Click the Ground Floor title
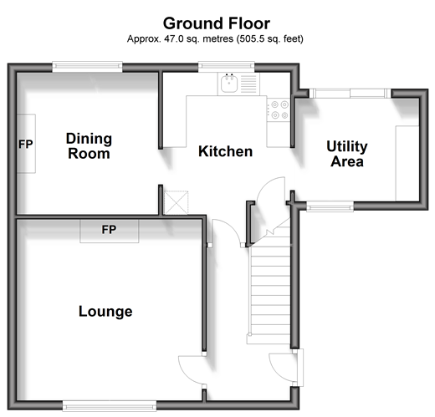coord(217,23)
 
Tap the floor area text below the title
coord(215,38)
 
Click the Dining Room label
coord(89,146)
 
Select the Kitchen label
coord(225,151)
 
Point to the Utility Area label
coord(347,154)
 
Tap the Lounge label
coord(105,312)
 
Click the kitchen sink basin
coord(229,84)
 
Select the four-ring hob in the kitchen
coord(279,109)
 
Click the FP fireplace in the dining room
coord(26,144)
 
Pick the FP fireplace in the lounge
coord(110,231)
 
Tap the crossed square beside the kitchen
coord(177,202)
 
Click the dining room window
coord(87,66)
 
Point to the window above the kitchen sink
coord(226,66)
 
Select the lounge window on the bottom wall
coord(110,406)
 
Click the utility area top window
coord(350,93)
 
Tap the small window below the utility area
coord(330,207)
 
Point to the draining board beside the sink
coord(248,84)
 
